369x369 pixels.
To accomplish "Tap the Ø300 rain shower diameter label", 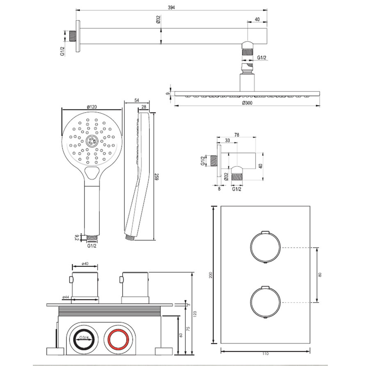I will [246, 102].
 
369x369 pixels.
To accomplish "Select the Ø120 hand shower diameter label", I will [91, 107].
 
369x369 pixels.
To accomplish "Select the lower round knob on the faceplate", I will [265, 302].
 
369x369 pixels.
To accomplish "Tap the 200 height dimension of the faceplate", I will [211, 276].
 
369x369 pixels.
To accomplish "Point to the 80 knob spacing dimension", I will [320, 275].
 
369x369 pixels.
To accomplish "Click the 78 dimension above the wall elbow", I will [237, 134].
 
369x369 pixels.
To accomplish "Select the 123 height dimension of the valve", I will [195, 314].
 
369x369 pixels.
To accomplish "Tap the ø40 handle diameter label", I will [85, 264].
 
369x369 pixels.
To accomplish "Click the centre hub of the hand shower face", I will [92, 141].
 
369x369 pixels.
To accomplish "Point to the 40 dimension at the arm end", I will [257, 19].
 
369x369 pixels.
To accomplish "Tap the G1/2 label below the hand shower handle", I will [91, 246].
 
